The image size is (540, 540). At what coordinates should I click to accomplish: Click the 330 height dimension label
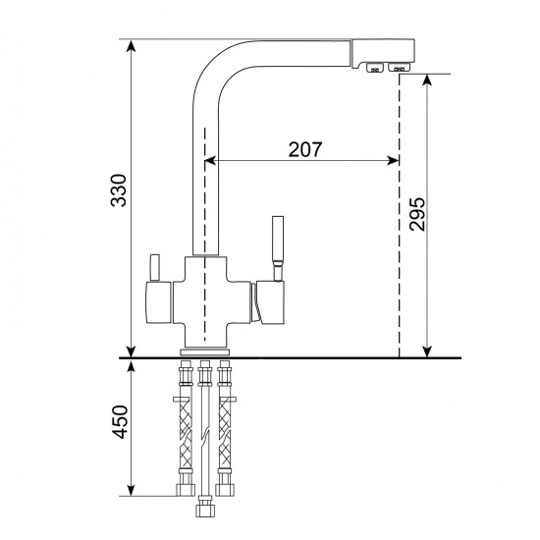[119, 190]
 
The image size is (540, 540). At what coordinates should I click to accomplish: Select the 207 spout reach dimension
[305, 149]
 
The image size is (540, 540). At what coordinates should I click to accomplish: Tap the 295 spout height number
[417, 214]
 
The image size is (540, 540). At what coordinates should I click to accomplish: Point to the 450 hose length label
[121, 422]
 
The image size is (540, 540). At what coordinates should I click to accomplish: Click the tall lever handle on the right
[278, 248]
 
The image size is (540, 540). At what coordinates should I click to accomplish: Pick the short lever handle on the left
[154, 268]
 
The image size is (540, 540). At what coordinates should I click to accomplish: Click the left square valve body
[158, 302]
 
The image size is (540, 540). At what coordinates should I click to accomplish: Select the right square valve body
[269, 302]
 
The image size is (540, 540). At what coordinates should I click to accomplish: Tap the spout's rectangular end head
[383, 53]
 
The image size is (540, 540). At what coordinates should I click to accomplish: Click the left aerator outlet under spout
[374, 68]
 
